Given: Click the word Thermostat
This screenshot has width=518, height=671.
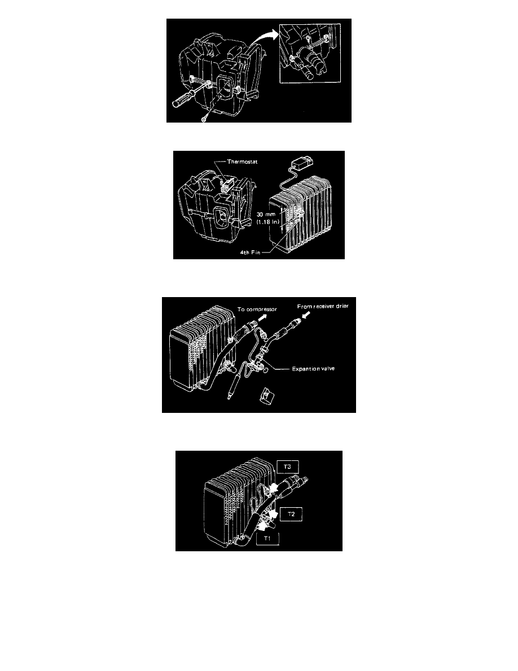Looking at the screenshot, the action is (242, 162).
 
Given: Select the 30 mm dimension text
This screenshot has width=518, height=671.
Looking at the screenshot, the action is (266, 215).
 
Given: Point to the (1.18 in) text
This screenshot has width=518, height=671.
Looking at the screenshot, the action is (267, 221).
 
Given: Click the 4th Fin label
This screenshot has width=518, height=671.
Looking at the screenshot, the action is (250, 252).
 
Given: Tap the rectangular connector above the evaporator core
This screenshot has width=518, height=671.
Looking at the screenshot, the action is (302, 163).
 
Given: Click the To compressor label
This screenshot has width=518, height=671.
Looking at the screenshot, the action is (257, 309).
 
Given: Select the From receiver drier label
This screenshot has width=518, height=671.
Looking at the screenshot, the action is (323, 306).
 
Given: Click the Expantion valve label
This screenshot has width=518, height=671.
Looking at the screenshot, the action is (313, 368).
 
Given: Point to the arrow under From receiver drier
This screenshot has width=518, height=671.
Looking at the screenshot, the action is (306, 315).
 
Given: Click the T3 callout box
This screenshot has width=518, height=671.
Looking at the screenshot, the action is (287, 467).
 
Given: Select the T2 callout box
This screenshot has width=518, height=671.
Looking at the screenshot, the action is (291, 514).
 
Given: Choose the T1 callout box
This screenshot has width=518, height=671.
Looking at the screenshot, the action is (267, 538).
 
